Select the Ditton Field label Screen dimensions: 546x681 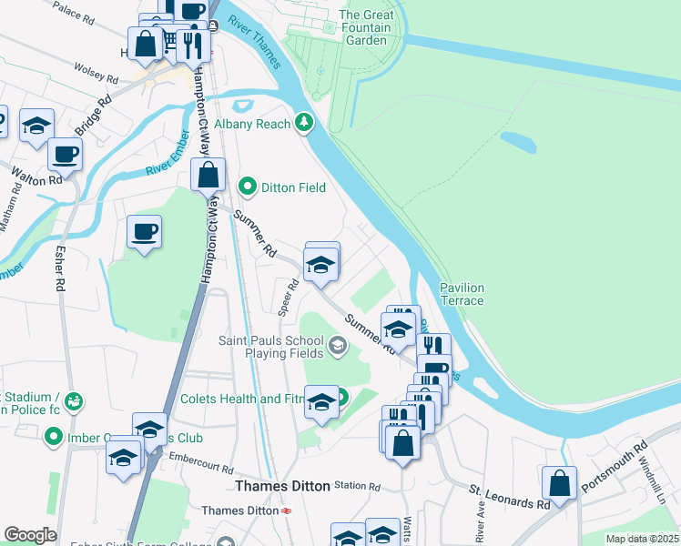293,187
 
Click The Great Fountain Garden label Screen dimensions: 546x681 366,27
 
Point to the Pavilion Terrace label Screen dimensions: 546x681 462,294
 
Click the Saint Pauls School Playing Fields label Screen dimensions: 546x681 271,347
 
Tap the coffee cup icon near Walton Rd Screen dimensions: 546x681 65,155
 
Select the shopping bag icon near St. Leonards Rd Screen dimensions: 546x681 560,482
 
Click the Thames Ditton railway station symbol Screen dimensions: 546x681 287,511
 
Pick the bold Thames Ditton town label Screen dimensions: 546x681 282,487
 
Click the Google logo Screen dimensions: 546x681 30,535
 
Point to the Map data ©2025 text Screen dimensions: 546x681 641,539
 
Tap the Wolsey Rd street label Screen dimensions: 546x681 97,73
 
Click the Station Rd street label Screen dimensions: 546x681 357,486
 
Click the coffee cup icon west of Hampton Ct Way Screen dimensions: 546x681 144,231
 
